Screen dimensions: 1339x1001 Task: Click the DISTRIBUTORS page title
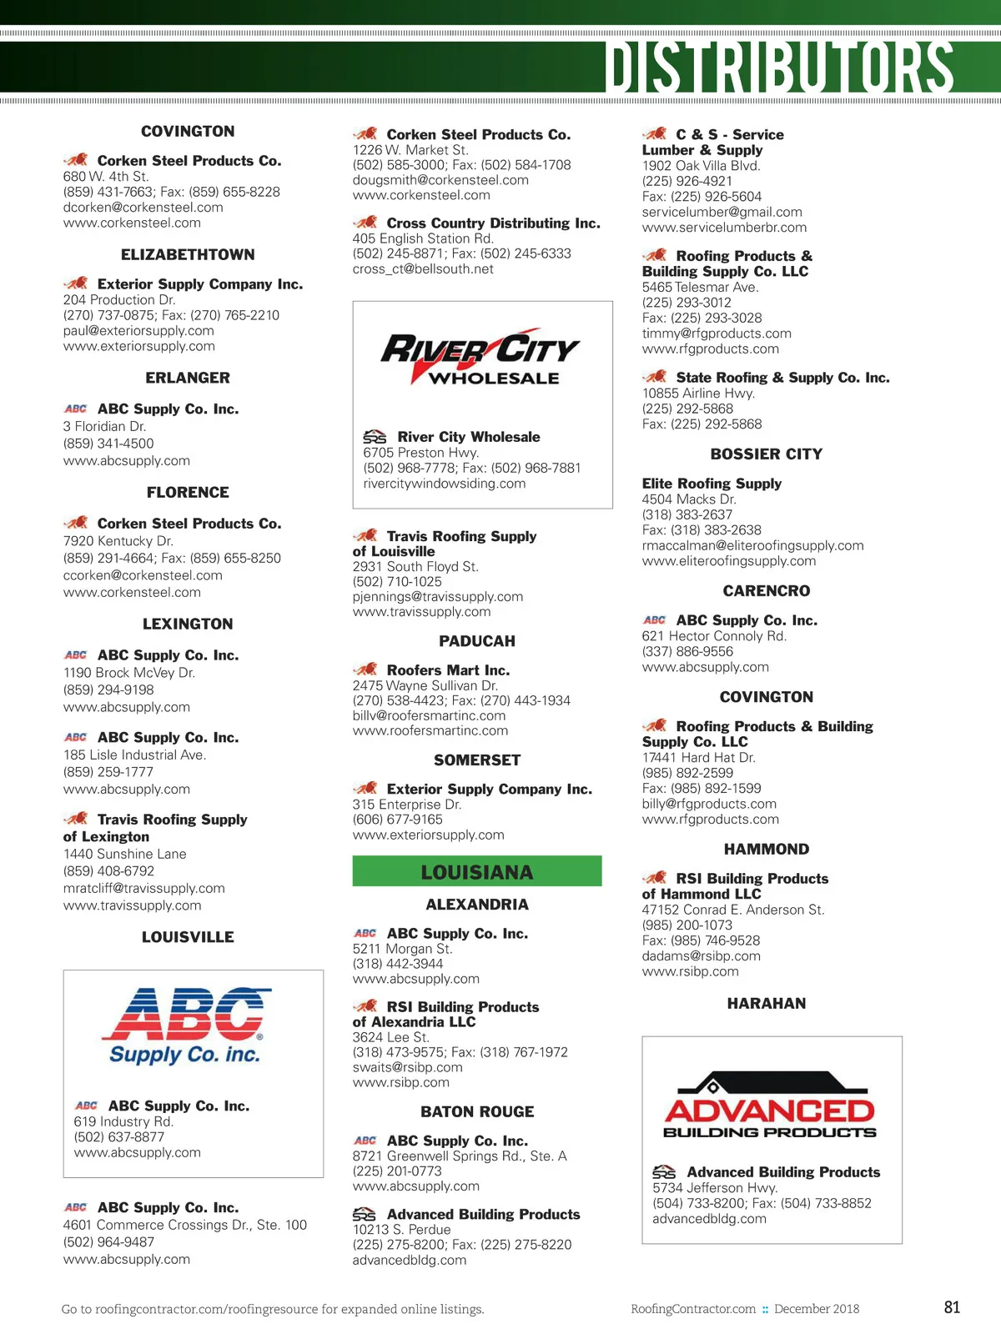pyautogui.click(x=779, y=67)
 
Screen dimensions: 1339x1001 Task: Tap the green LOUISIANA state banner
pyautogui.click(x=476, y=871)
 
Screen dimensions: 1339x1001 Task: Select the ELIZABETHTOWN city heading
pyautogui.click(x=188, y=255)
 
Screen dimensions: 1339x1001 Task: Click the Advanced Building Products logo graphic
pyautogui.click(x=770, y=1106)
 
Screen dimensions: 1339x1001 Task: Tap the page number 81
pyautogui.click(x=952, y=1307)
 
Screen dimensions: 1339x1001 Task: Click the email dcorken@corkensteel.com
pyautogui.click(x=143, y=208)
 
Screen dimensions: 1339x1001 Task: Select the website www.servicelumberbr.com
pyautogui.click(x=724, y=228)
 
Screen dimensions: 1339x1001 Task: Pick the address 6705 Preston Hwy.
pyautogui.click(x=420, y=453)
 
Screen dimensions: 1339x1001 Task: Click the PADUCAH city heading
pyautogui.click(x=477, y=641)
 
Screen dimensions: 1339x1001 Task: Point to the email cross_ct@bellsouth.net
pyautogui.click(x=423, y=269)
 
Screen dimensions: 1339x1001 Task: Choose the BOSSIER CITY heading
pyautogui.click(x=766, y=454)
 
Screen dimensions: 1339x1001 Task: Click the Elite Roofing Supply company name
pyautogui.click(x=712, y=484)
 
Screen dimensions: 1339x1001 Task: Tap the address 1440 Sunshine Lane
pyautogui.click(x=125, y=854)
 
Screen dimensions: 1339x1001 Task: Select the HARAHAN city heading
pyautogui.click(x=766, y=1004)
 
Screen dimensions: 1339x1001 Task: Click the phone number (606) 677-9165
pyautogui.click(x=397, y=820)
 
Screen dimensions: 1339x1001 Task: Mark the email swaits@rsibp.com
pyautogui.click(x=407, y=1067)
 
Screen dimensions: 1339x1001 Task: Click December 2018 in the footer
pyautogui.click(x=816, y=1309)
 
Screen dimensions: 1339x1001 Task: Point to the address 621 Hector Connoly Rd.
pyautogui.click(x=714, y=636)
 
